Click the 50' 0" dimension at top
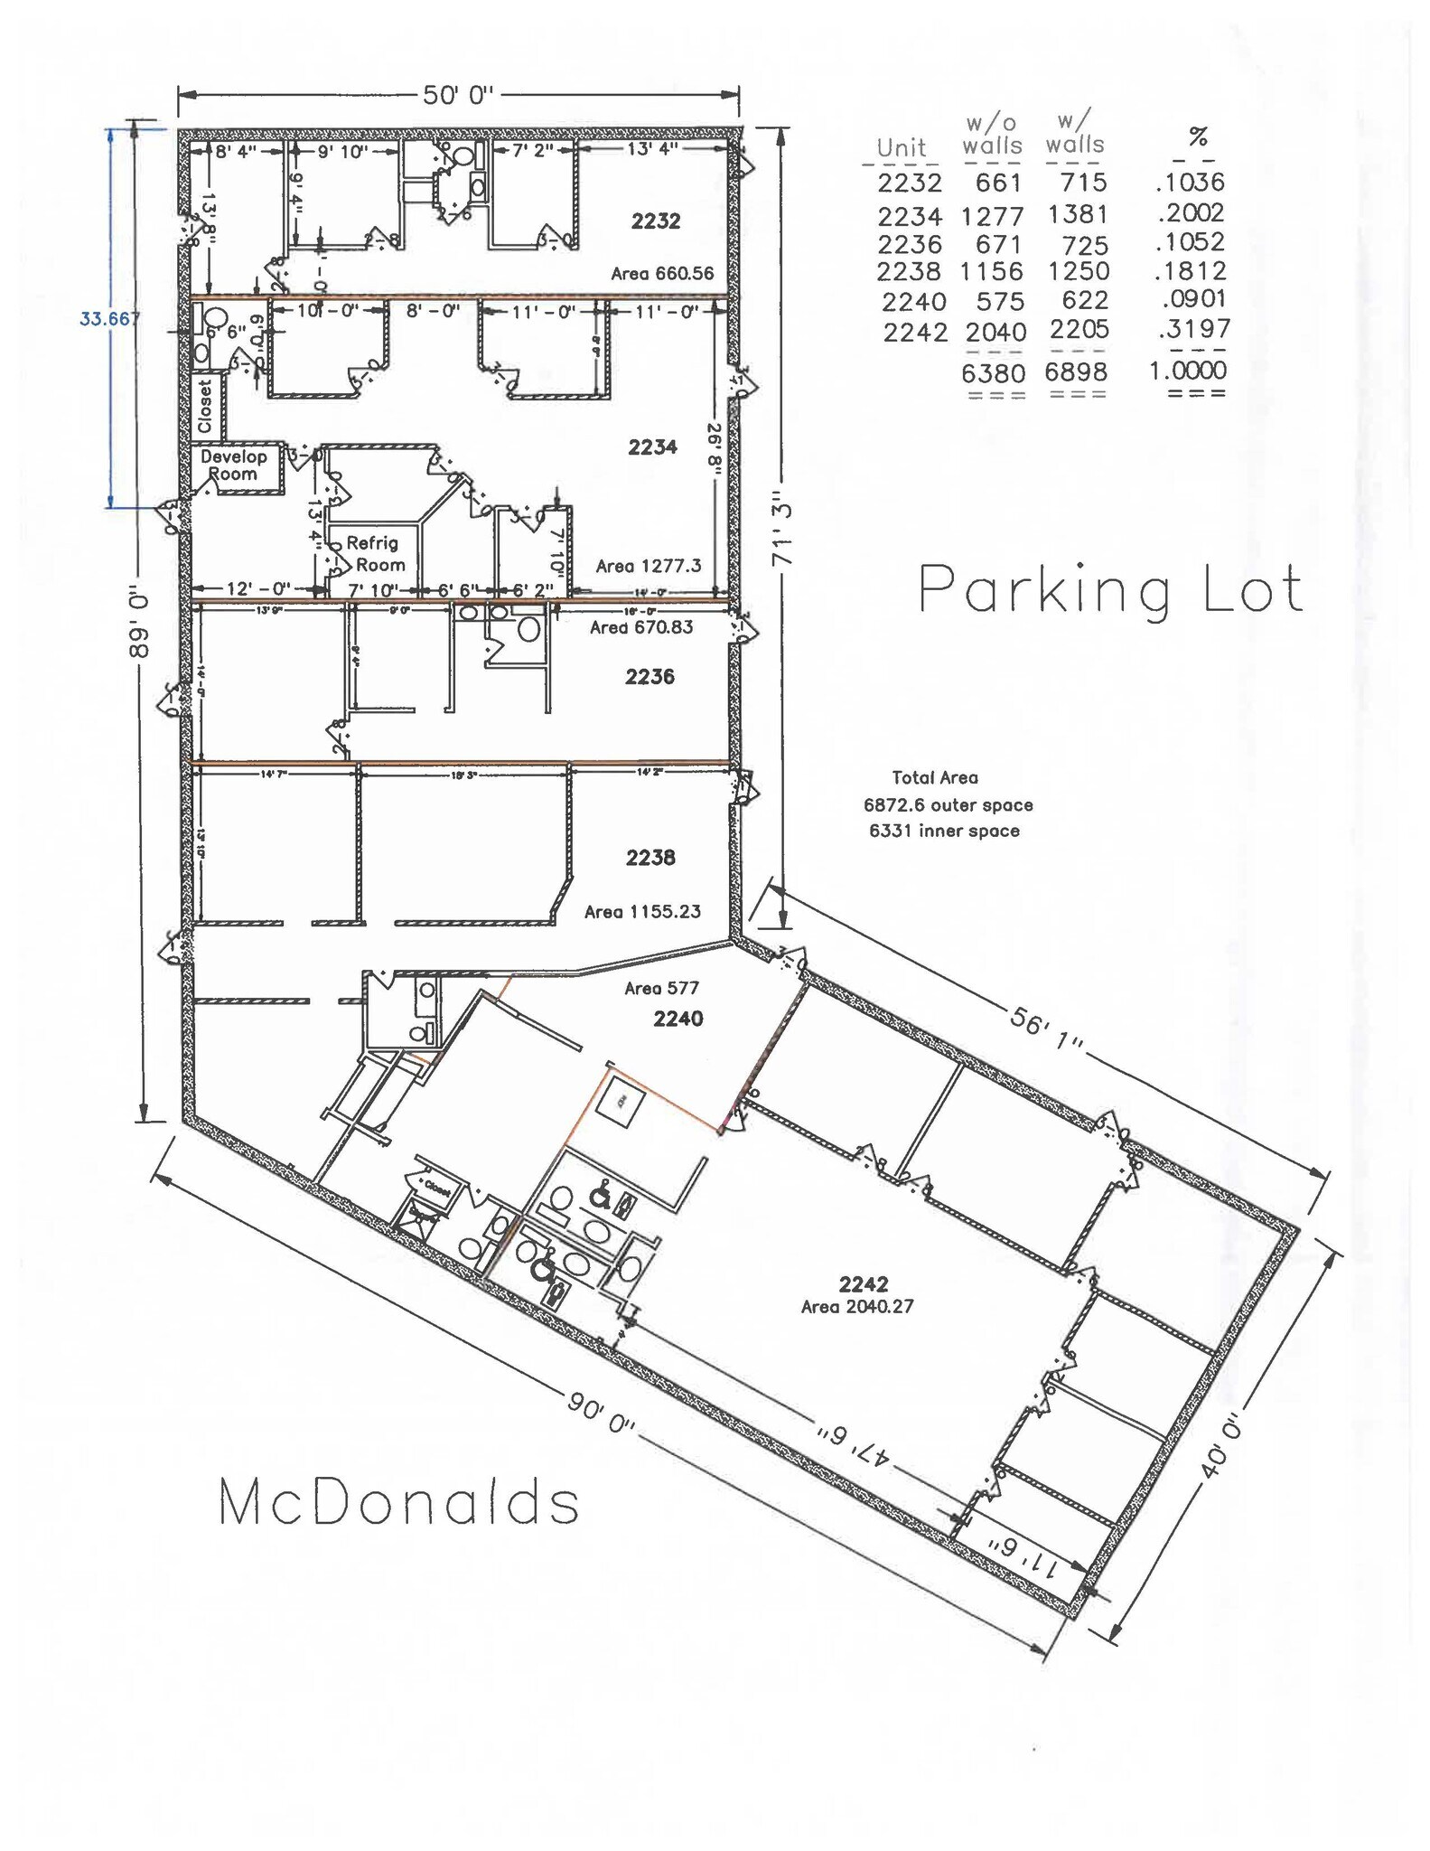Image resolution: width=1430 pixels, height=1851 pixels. pos(458,96)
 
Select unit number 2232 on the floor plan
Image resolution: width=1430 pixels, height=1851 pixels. pos(656,221)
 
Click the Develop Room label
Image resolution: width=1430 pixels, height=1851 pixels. pos(234,465)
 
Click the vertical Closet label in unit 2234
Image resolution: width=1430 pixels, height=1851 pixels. pos(206,406)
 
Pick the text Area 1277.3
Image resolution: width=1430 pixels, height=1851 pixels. pos(649,567)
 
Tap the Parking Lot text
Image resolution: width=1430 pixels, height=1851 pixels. pos(1110,589)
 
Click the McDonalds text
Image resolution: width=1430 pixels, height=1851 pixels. pos(398,1503)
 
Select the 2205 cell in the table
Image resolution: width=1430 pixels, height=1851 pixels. pos(1079,330)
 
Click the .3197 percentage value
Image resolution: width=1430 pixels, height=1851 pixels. pos(1193,329)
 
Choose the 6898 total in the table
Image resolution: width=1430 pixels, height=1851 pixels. pos(1076,371)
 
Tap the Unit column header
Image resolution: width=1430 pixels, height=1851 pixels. pos(901,147)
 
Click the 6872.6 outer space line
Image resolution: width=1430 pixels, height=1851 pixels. pos(948,805)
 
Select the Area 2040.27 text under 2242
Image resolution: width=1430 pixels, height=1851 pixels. pos(857,1307)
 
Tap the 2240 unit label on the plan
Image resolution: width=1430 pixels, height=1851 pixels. pos(678,1019)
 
